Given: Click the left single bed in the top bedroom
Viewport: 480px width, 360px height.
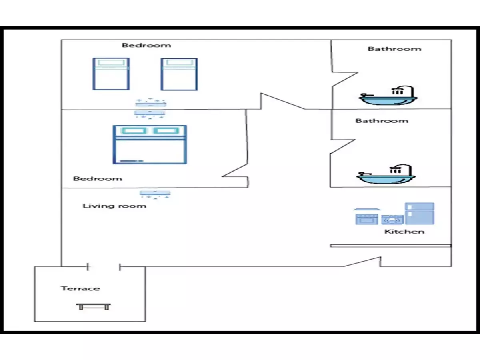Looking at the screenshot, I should pos(111,74).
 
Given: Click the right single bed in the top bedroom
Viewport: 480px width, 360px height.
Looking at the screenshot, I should pos(179,74).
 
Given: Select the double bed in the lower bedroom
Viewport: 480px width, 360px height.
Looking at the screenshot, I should pos(150,144).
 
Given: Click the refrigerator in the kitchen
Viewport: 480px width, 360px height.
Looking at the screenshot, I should pos(419,213).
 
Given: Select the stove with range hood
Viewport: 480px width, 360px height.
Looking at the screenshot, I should pos(366,216).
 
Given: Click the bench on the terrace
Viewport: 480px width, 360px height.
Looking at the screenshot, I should pos(94,307).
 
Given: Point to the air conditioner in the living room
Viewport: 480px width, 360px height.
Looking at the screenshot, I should pos(155,194).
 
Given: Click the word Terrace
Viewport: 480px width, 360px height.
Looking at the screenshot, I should pos(80,288).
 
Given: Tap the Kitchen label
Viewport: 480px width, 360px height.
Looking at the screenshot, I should pos(404,232).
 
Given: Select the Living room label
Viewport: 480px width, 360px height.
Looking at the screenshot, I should pos(114,206).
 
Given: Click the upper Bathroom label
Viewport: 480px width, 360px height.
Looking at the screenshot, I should pos(394,49).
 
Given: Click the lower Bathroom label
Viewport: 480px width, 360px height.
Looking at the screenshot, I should pos(382,120).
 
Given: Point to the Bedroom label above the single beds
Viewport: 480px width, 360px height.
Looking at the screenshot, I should pos(146,45).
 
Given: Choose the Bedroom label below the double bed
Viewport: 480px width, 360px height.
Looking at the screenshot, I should pos(98,178).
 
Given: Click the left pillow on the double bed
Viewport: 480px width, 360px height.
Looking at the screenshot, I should pos(132,131).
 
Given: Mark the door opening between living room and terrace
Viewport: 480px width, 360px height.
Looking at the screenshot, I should pos(104,266).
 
